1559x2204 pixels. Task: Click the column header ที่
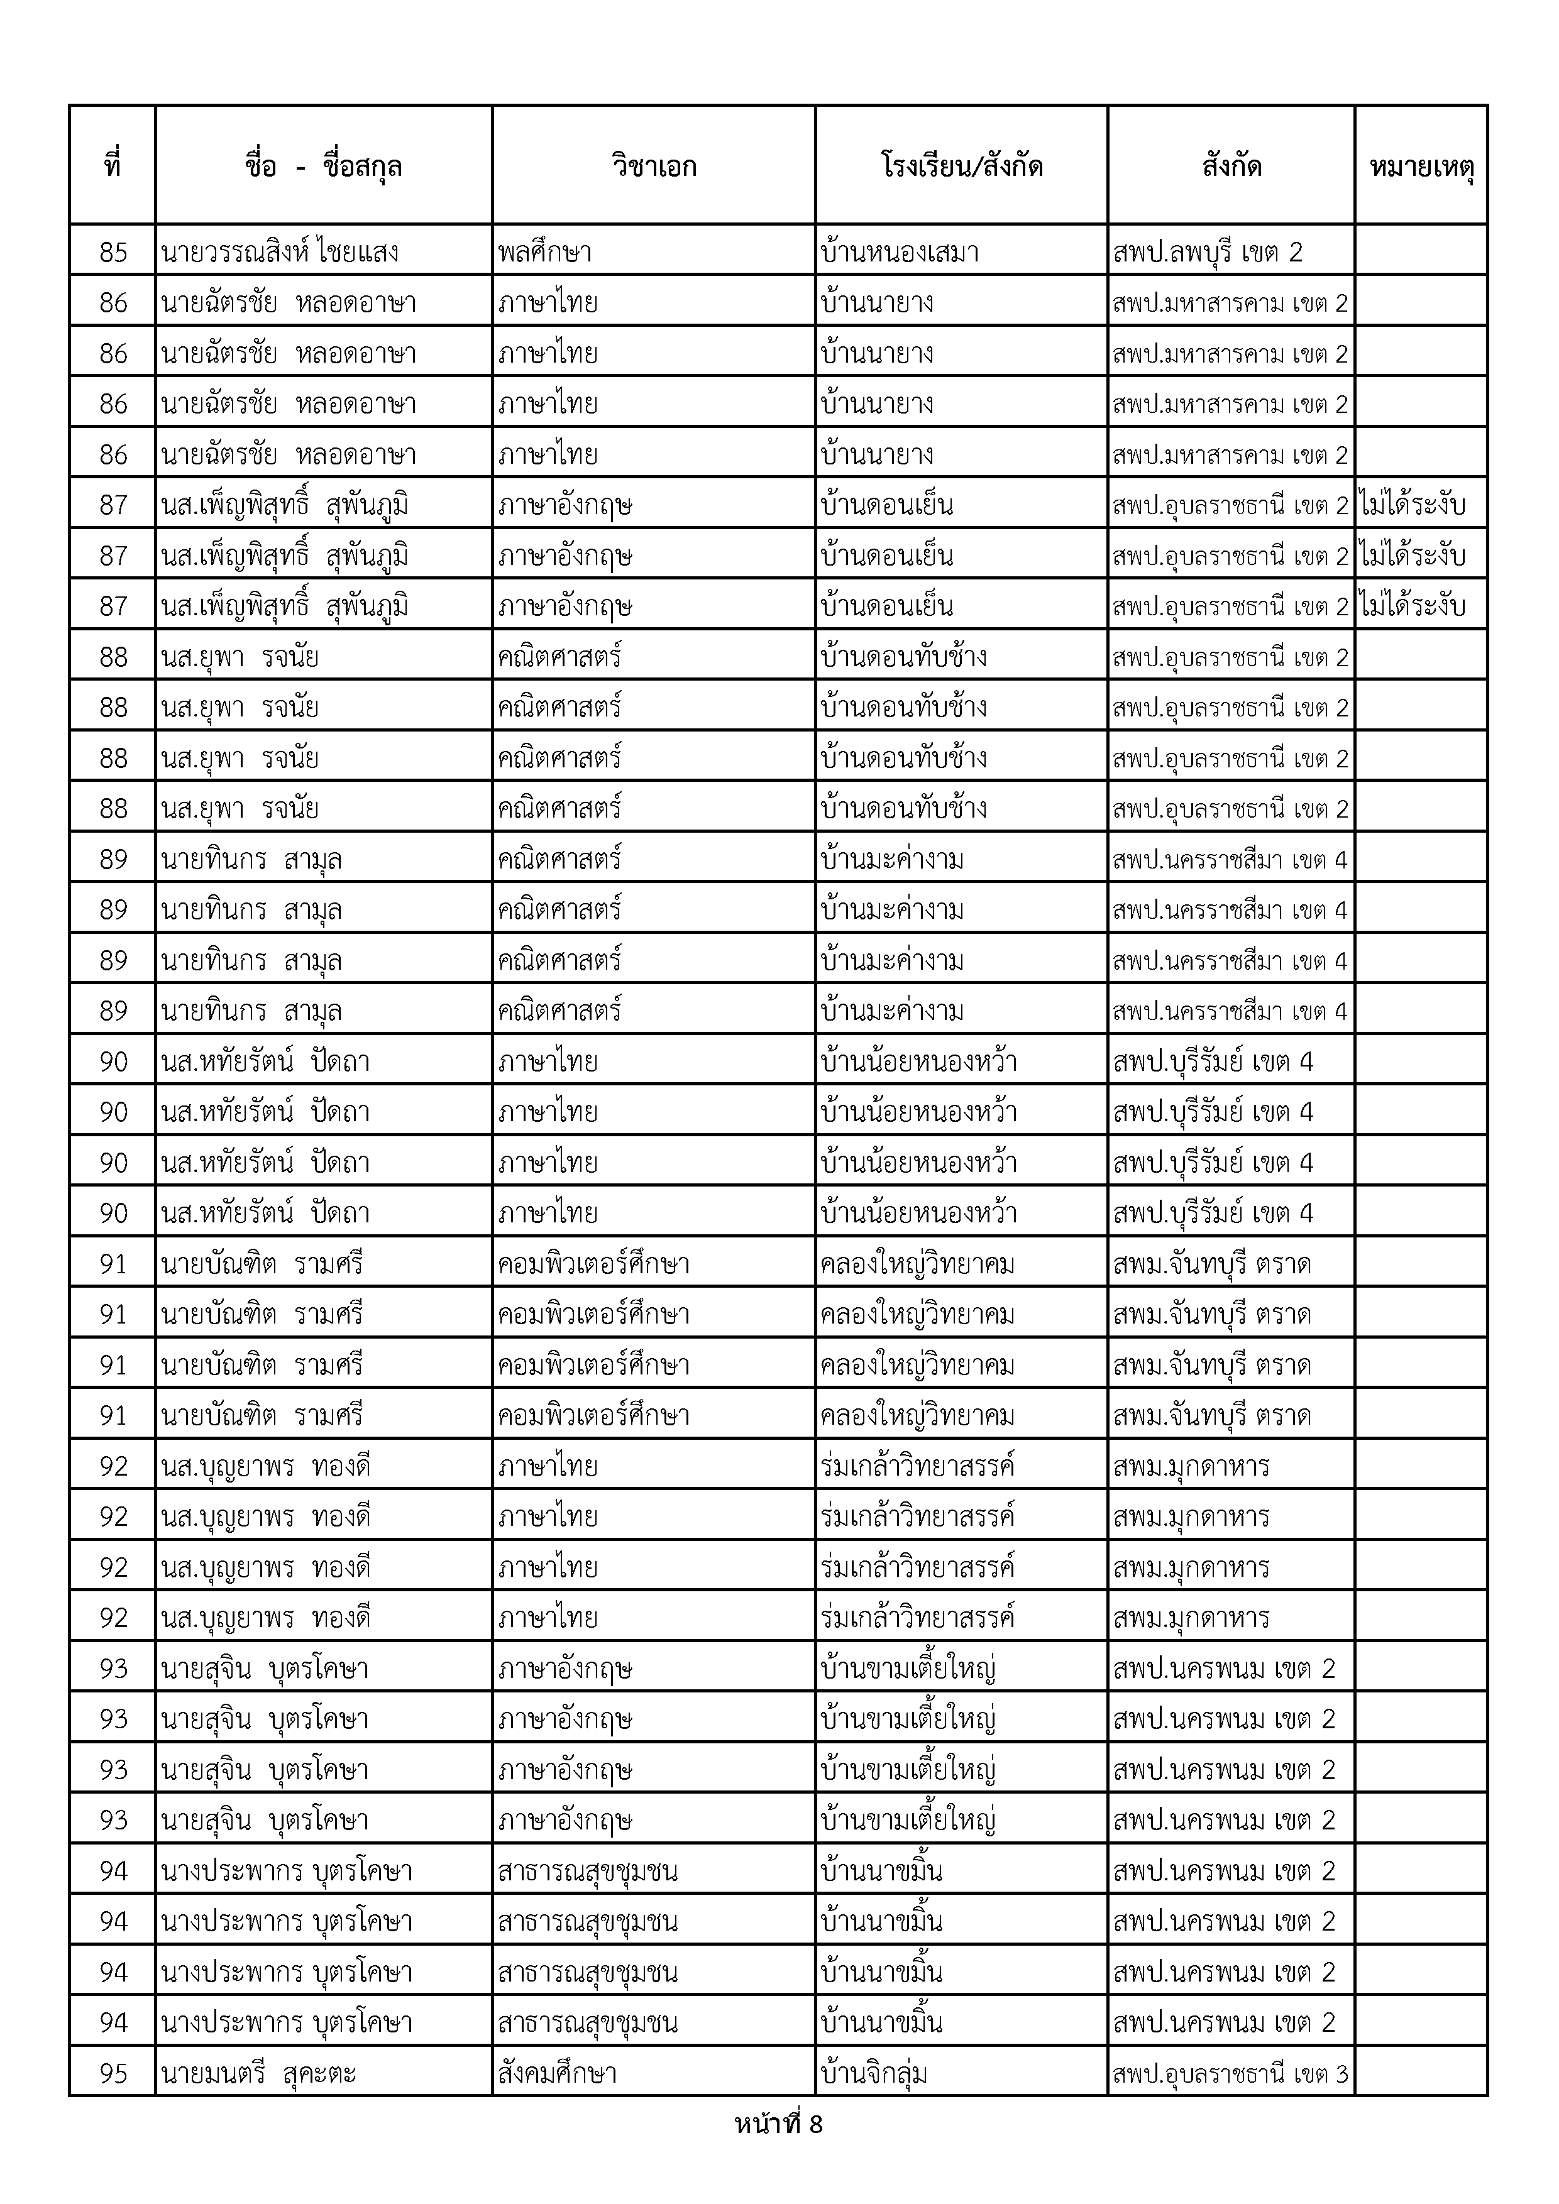click(x=113, y=166)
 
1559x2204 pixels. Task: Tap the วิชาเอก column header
click(x=654, y=166)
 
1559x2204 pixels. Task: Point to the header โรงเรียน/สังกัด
click(x=961, y=166)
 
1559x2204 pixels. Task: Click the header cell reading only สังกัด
click(x=1231, y=166)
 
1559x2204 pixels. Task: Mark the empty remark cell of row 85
click(x=1421, y=251)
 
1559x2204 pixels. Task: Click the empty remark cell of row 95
click(x=1421, y=2073)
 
